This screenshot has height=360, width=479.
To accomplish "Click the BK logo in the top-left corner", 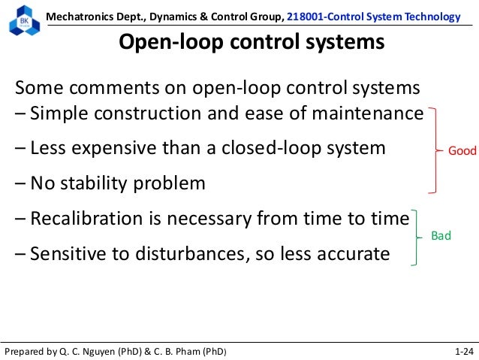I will tap(23, 22).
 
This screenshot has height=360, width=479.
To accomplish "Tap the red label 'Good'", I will tap(462, 151).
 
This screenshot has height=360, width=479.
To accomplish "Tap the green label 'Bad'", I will tap(441, 236).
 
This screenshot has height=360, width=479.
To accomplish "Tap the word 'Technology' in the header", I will tap(433, 17).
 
